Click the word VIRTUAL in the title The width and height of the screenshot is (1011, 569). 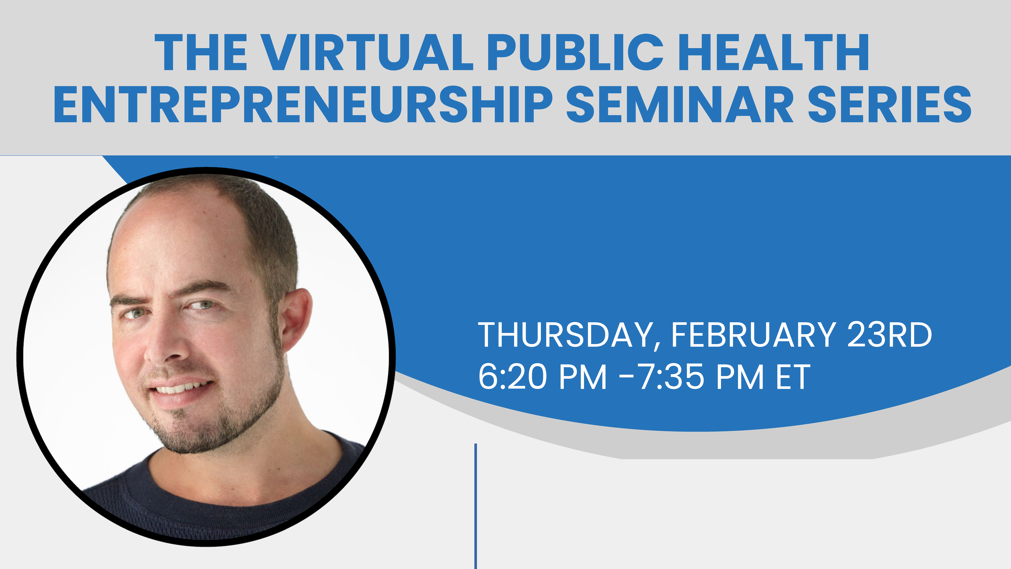coord(367,52)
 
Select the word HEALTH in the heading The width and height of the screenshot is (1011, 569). coord(774,52)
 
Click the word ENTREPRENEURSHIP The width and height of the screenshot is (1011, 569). coord(303,104)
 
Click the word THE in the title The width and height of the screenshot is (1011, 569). coord(201,52)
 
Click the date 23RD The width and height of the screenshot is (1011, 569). coord(889,335)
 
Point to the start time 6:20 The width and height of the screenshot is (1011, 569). coord(513,377)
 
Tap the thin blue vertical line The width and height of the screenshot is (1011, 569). coord(476,506)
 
